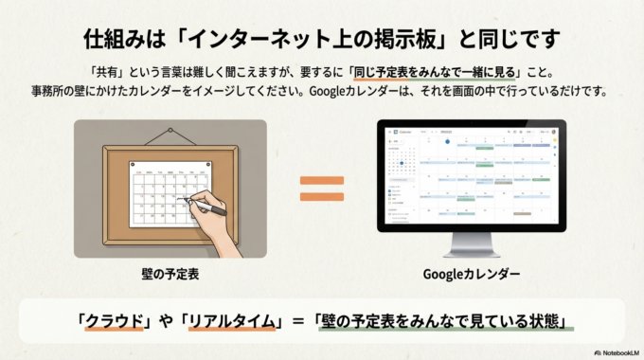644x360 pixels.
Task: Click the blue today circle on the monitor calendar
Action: pos(401,163)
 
